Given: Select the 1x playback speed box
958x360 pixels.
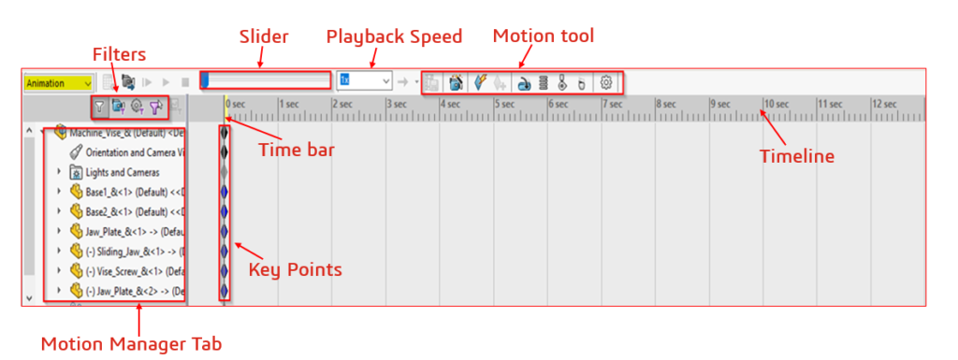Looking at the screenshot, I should tap(364, 81).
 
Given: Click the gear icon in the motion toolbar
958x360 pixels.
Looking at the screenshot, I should tap(606, 82).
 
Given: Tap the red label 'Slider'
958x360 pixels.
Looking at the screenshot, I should tap(265, 37).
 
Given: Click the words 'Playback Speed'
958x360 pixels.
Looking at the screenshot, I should tap(394, 37).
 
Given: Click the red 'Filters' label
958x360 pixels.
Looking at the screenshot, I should tap(119, 54).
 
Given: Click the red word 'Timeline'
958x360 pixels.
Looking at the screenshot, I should tap(796, 156).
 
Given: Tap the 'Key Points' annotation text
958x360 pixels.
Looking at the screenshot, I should tap(295, 269).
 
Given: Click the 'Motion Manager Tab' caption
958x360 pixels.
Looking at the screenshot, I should tap(131, 344).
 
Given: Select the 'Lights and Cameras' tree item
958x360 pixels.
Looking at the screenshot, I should tap(122, 172).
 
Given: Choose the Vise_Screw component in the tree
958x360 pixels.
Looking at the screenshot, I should tap(131, 271).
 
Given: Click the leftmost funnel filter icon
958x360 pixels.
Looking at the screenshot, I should tap(99, 108).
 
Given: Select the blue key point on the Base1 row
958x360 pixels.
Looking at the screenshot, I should tap(225, 192).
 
